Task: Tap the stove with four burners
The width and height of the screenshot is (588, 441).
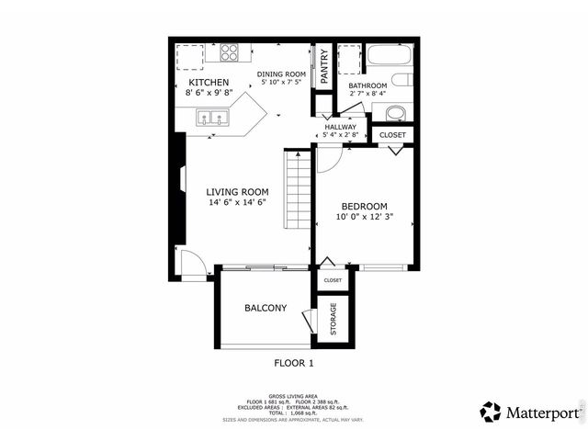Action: (229, 52)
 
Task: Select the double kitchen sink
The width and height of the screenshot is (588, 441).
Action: (213, 118)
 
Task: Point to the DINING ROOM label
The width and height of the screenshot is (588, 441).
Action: (281, 74)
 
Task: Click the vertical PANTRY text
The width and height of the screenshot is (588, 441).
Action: (324, 65)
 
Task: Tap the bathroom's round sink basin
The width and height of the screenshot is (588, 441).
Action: (395, 113)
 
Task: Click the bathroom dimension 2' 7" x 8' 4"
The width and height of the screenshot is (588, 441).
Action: (367, 94)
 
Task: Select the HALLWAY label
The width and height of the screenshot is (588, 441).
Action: (340, 127)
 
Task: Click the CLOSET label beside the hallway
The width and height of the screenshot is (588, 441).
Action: (393, 135)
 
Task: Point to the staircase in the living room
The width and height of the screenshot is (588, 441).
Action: (298, 190)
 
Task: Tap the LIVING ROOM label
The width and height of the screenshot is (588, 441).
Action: (237, 192)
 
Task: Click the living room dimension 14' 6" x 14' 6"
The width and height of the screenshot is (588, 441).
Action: (237, 202)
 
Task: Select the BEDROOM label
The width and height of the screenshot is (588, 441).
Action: (364, 207)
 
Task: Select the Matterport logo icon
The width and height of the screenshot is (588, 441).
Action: (491, 412)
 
